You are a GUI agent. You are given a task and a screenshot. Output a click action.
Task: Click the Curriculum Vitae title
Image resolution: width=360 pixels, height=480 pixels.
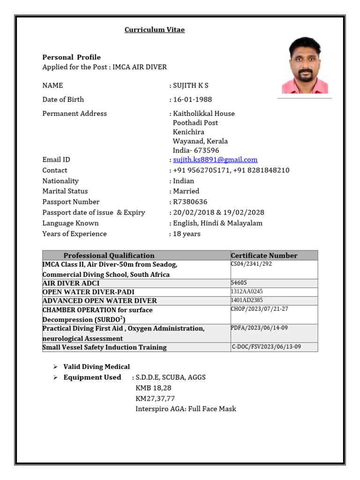tap(154, 30)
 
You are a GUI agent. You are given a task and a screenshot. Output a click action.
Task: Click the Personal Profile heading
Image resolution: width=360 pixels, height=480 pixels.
tap(71, 57)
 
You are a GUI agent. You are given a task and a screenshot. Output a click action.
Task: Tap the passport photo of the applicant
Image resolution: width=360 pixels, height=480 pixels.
tap(304, 65)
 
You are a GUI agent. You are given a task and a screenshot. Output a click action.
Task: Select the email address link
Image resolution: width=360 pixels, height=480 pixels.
tap(215, 160)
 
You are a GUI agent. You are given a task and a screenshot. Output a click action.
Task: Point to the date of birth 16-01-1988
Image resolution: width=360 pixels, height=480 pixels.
tap(192, 99)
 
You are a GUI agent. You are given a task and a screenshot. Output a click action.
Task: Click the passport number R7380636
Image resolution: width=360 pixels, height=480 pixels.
tap(190, 202)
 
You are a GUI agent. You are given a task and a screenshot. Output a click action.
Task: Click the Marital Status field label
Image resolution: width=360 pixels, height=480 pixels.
tap(65, 191)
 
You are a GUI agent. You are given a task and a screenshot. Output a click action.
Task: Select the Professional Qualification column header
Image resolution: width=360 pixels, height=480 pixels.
tap(109, 255)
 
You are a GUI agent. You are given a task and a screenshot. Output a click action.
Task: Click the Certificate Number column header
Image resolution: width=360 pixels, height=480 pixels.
tap(264, 255)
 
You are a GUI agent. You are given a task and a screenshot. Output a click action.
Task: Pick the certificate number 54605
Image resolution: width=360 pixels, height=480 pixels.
tap(239, 283)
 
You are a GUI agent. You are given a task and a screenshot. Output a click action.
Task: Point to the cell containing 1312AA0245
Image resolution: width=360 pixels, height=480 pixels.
tap(247, 292)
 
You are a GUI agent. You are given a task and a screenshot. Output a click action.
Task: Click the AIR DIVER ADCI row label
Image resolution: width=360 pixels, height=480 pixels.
tap(71, 284)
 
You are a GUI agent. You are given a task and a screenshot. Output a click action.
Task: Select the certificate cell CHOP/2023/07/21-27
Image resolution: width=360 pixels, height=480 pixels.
tap(259, 309)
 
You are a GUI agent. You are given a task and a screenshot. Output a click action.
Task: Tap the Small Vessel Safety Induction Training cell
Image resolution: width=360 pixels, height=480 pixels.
tap(104, 347)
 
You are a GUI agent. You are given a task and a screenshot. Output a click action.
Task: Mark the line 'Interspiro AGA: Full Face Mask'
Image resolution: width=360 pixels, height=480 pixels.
tap(186, 409)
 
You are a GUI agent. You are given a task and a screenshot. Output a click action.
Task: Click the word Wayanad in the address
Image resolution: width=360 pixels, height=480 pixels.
tap(187, 141)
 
